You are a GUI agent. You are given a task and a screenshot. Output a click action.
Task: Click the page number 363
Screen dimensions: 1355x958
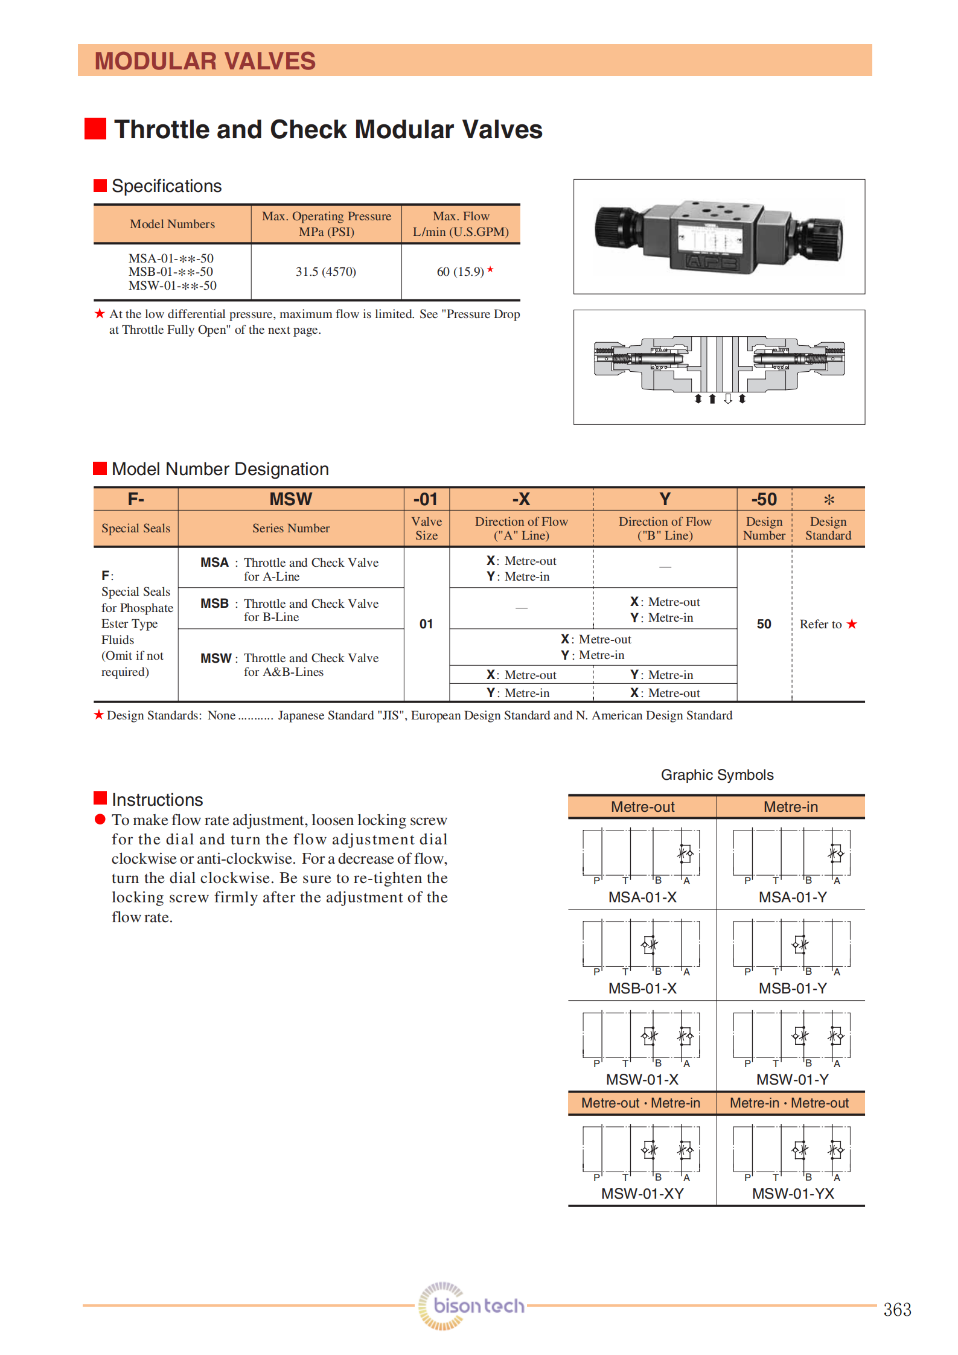point(896,1309)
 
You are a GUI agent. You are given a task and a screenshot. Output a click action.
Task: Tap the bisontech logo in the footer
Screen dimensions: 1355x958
point(472,1306)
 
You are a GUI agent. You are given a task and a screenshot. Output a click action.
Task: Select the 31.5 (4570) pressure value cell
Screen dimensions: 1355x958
point(326,272)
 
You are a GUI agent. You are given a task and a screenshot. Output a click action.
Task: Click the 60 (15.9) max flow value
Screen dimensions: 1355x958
point(461,272)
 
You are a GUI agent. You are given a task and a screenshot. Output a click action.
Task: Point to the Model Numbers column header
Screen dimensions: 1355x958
point(172,224)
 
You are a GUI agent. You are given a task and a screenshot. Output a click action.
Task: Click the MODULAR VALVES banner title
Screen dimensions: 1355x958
point(205,61)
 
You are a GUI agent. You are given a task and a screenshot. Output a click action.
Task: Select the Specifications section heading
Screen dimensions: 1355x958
point(167,186)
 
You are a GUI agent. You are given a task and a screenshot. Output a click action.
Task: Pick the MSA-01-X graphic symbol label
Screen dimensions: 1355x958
point(642,897)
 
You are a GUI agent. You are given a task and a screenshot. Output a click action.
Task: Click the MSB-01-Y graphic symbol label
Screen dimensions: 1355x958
point(792,988)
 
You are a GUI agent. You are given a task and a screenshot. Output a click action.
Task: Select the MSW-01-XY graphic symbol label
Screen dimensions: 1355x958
point(642,1193)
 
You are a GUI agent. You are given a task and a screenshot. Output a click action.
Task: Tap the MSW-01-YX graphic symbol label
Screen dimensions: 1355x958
point(792,1193)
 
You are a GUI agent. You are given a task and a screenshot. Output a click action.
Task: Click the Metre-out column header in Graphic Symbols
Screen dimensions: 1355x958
point(642,807)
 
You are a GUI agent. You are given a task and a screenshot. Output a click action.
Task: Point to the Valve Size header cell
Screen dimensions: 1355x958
point(426,528)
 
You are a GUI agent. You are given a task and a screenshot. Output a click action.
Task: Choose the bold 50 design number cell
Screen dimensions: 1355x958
point(764,624)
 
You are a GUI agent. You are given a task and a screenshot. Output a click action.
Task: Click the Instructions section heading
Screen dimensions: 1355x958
point(157,800)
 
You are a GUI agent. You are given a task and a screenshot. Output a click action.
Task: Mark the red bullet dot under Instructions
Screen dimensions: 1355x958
point(100,819)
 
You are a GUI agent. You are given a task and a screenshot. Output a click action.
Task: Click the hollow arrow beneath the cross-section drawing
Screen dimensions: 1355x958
point(728,398)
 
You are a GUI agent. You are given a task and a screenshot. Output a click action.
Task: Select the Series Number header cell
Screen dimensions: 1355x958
point(290,528)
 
